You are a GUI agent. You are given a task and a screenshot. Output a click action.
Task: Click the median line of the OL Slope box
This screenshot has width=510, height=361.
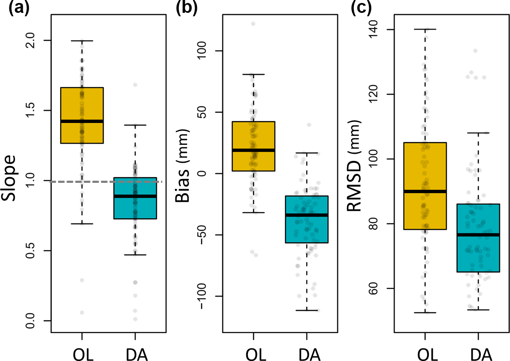point(81,121)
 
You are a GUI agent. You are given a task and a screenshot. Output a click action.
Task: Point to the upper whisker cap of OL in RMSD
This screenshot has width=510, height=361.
point(425,29)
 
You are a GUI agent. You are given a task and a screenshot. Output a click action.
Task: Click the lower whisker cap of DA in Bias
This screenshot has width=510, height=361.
point(306,310)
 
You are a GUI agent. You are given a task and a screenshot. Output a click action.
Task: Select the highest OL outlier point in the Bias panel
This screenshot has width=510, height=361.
point(253,24)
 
